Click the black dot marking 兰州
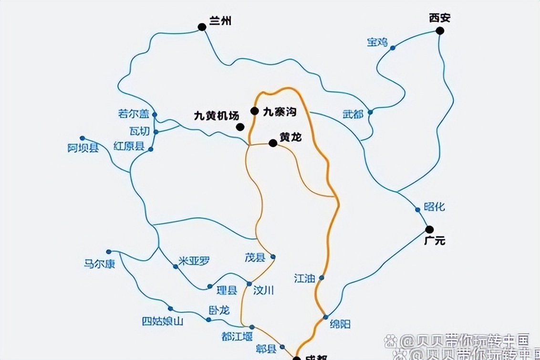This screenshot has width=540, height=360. pyautogui.click(x=202, y=27)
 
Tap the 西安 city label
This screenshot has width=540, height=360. pyautogui.click(x=439, y=18)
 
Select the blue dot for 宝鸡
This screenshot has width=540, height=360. pyautogui.click(x=393, y=48)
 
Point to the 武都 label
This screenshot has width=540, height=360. pyautogui.click(x=353, y=115)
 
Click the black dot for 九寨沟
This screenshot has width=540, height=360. pyautogui.click(x=255, y=111)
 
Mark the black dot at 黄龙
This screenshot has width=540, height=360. pyautogui.click(x=273, y=143)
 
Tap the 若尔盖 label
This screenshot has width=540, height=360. pyautogui.click(x=134, y=114)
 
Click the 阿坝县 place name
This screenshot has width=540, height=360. pyautogui.click(x=83, y=148)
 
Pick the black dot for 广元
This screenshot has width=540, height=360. pyautogui.click(x=429, y=229)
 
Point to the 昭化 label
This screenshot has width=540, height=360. pyautogui.click(x=434, y=207)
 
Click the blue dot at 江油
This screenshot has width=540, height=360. pyautogui.click(x=322, y=277)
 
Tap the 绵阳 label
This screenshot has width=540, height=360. pyautogui.click(x=340, y=324)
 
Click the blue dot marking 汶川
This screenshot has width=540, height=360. pyautogui.click(x=249, y=284)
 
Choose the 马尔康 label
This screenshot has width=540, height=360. pyautogui.click(x=100, y=264)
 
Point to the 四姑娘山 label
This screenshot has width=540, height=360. pyautogui.click(x=162, y=321)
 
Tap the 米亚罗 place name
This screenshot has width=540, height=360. pyautogui.click(x=194, y=261)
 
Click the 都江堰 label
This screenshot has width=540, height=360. pyautogui.click(x=237, y=336)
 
